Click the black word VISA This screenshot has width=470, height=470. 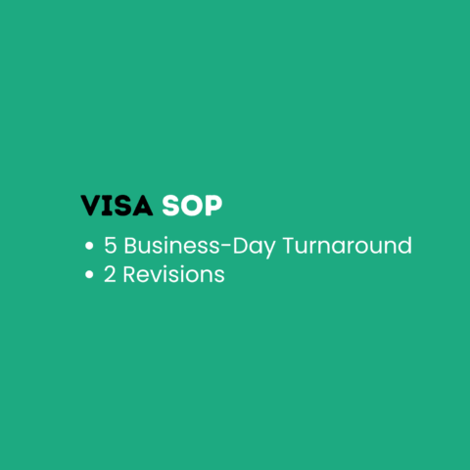click(x=117, y=207)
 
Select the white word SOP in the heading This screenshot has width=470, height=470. click(x=192, y=207)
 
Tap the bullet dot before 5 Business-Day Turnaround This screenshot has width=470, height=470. click(x=90, y=247)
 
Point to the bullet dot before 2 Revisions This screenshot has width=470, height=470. click(x=90, y=276)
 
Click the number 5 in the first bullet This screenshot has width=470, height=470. click(x=111, y=246)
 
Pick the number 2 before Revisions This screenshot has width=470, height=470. click(x=111, y=275)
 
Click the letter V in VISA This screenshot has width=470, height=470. click(x=91, y=207)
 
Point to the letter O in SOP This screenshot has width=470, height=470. click(x=192, y=207)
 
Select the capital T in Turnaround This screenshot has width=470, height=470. click(x=289, y=246)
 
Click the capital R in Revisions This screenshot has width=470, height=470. click(x=132, y=275)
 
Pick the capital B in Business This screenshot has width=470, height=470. click(x=131, y=246)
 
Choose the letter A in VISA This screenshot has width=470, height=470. click(x=143, y=207)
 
